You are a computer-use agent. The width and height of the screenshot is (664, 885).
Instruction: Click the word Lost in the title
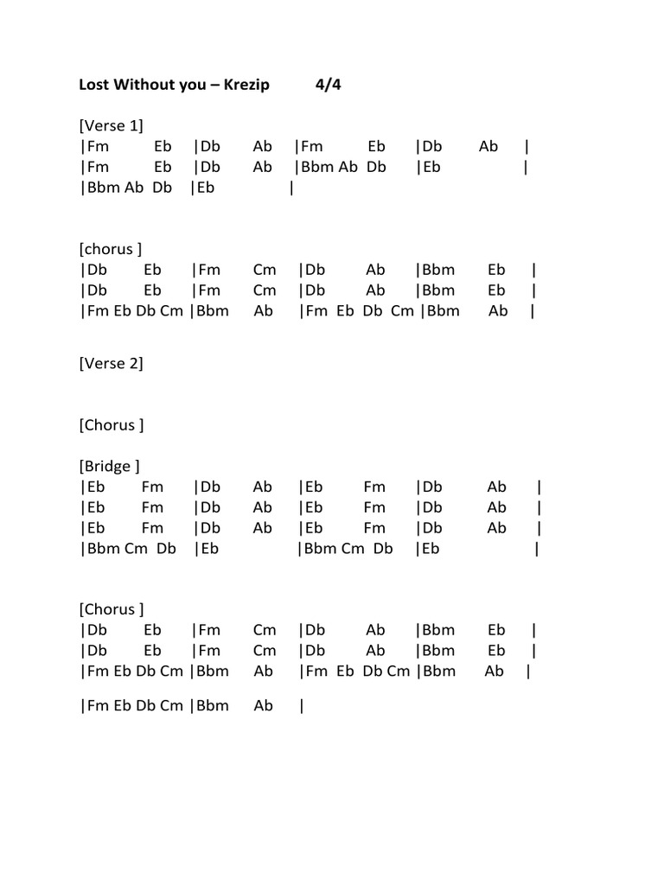click(94, 85)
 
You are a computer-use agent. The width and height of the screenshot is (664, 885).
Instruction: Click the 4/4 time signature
click(329, 85)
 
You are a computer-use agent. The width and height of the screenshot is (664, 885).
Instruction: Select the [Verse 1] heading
click(112, 126)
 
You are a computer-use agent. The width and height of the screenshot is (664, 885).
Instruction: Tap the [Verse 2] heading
click(112, 363)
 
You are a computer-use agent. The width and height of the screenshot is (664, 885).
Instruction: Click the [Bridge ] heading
click(110, 467)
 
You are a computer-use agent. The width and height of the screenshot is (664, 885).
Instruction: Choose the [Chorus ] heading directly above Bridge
click(112, 425)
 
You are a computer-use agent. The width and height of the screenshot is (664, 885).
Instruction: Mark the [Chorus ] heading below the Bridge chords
click(112, 610)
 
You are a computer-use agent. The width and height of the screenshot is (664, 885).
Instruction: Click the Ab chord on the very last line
click(264, 706)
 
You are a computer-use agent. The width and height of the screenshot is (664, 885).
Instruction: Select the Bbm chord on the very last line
click(213, 706)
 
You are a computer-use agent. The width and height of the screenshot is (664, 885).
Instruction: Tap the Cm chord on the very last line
click(172, 706)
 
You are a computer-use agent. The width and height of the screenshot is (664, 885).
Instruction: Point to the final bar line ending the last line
click(301, 706)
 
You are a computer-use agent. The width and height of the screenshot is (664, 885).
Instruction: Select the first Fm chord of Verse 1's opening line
click(98, 147)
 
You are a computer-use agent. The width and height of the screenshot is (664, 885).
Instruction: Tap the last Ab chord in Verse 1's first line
click(488, 147)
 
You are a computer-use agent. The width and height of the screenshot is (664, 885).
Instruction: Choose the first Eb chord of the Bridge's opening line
click(96, 487)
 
